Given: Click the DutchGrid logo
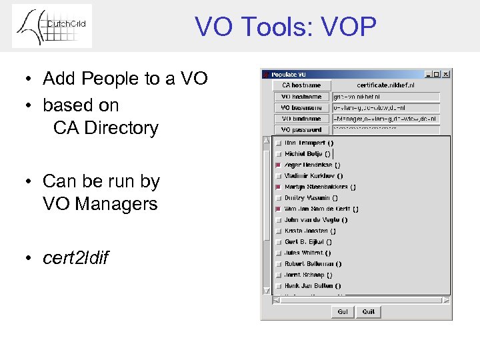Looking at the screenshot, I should click(x=52, y=27).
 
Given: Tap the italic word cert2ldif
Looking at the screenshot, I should click(x=75, y=257).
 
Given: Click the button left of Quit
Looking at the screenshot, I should click(x=342, y=311).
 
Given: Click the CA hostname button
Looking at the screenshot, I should click(x=301, y=85).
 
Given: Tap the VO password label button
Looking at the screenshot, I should click(x=301, y=130).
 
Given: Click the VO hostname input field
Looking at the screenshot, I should click(x=386, y=97).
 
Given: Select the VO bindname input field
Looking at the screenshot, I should click(x=386, y=119).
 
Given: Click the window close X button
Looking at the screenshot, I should click(x=446, y=74).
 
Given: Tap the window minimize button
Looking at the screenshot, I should click(x=428, y=74).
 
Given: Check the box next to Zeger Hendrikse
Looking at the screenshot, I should click(x=278, y=165).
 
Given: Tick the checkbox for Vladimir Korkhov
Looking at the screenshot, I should click(x=278, y=176).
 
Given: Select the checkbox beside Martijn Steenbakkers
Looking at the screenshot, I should click(x=278, y=187).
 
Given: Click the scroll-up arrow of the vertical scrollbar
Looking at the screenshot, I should click(x=267, y=141).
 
